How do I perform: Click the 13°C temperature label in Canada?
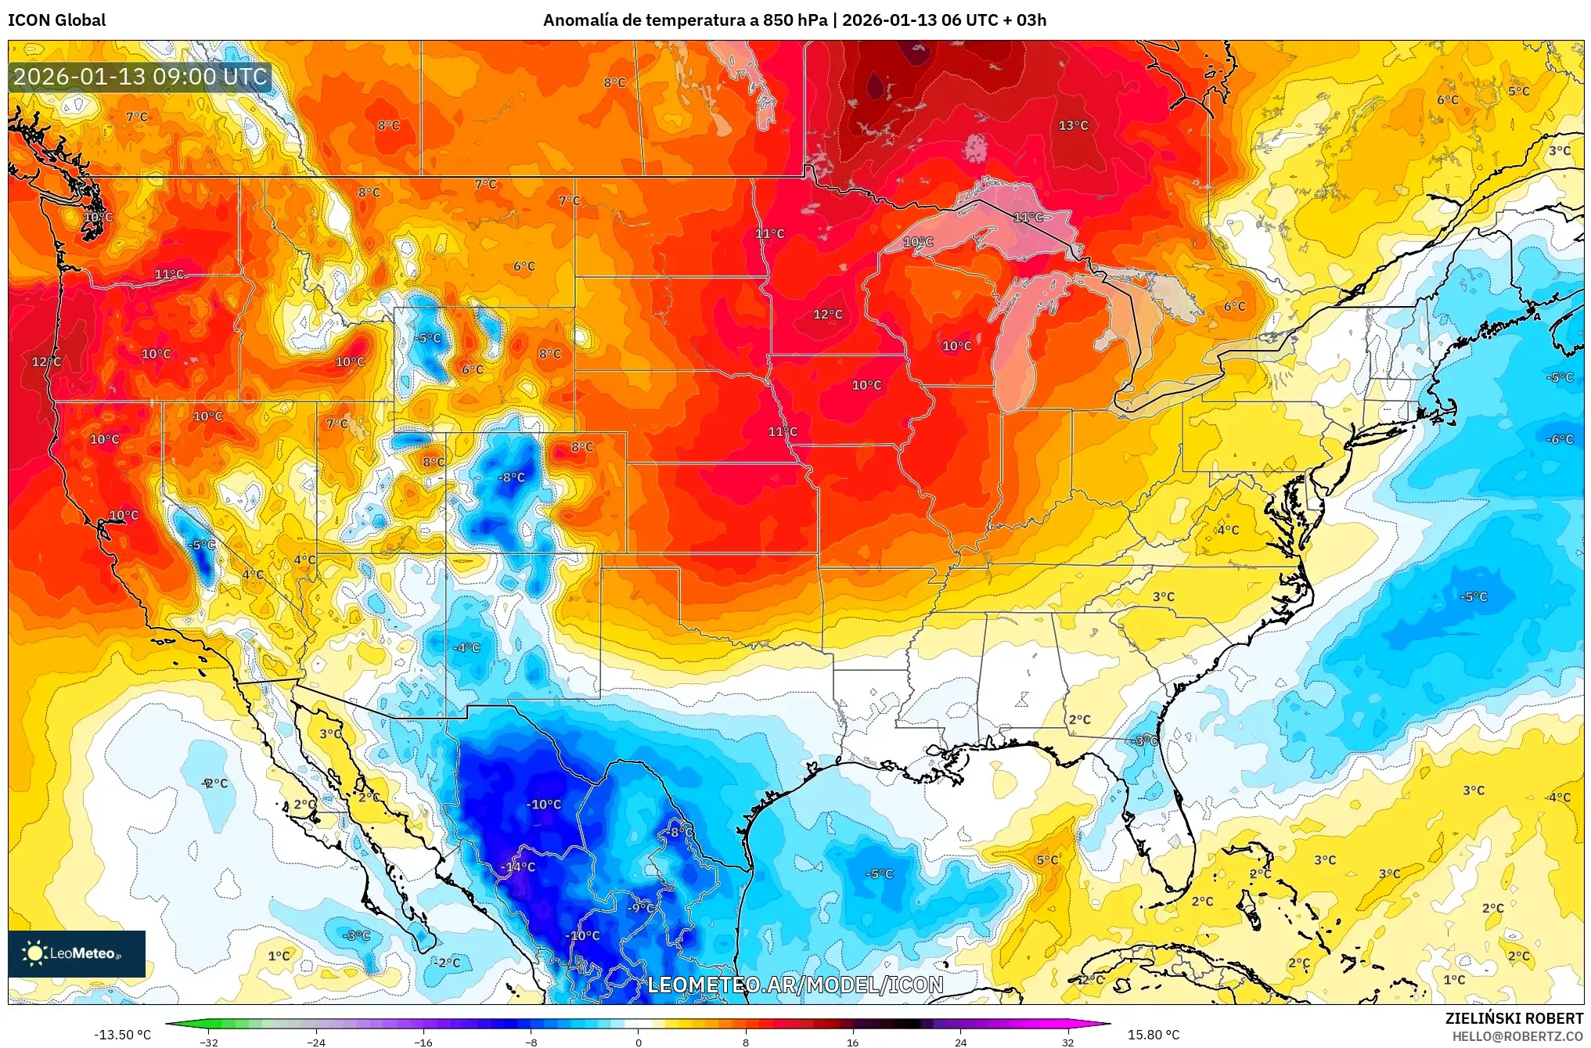[x=1072, y=125]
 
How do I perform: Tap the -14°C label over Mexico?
[x=518, y=866]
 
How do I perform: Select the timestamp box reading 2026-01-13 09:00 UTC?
[x=141, y=77]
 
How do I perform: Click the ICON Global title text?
[x=56, y=20]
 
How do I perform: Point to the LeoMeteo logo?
[x=77, y=953]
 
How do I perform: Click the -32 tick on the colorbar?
[x=208, y=1042]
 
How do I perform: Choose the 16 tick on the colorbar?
[x=852, y=1042]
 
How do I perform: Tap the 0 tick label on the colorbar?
[x=638, y=1042]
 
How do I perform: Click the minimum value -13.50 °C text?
[x=123, y=1035]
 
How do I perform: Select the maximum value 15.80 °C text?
[x=1153, y=1035]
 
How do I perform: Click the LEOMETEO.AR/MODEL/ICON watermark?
[x=795, y=985]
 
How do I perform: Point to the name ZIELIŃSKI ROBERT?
[x=1514, y=1018]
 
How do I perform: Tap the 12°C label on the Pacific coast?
[x=46, y=362]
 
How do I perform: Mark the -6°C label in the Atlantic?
[x=1559, y=439]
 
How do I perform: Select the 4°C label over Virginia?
[x=1227, y=530]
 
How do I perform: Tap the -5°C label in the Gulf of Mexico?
[x=879, y=873]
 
